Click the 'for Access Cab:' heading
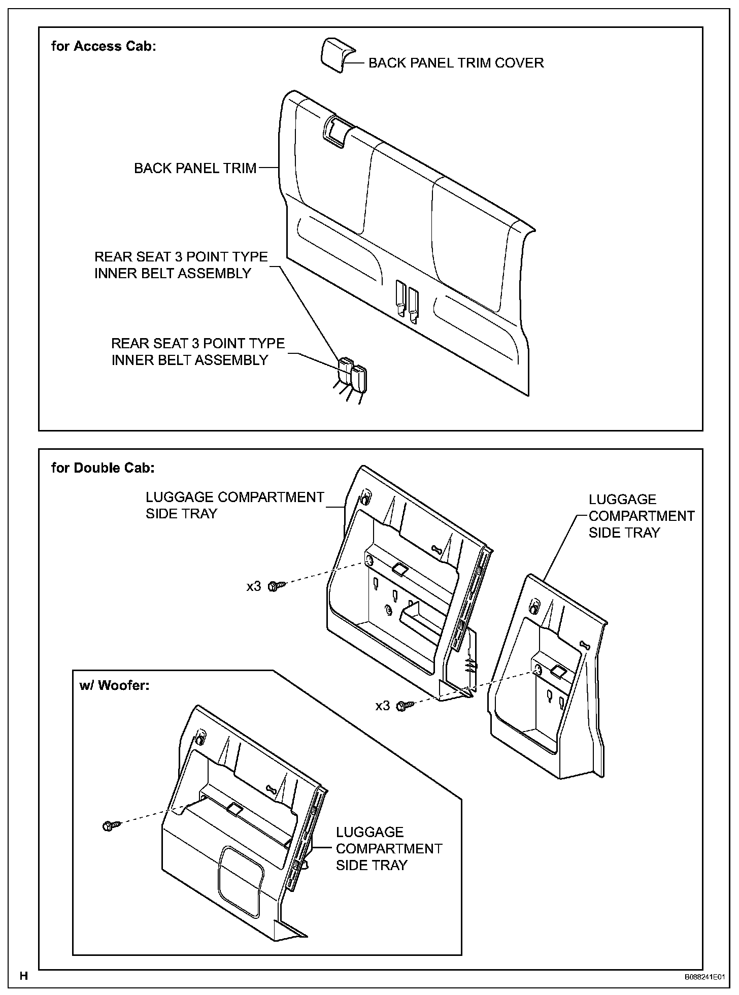[104, 46]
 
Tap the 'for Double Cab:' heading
[103, 468]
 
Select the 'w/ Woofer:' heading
[115, 685]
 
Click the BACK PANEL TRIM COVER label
[456, 63]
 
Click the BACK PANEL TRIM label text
[195, 169]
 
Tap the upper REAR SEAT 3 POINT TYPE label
[181, 265]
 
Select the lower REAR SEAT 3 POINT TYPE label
[197, 352]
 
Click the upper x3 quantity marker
[254, 587]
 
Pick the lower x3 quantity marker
[383, 706]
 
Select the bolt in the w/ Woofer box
[110, 826]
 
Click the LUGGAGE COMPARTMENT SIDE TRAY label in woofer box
[389, 848]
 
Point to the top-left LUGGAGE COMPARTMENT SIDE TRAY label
[234, 505]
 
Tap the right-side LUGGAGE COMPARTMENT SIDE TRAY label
[641, 516]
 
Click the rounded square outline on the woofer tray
[241, 882]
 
